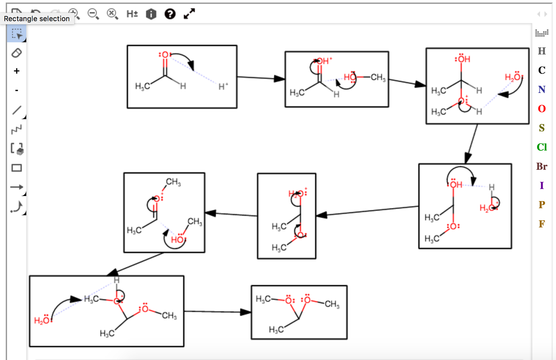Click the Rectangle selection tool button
point(17,34)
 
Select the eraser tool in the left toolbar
point(17,53)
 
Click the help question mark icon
point(170,14)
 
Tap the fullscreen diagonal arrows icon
point(189,14)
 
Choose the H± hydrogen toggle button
point(132,14)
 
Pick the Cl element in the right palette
point(542,147)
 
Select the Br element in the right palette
point(542,166)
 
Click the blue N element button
point(542,89)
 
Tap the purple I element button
point(542,186)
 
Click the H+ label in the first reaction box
point(223,87)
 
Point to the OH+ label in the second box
point(324,61)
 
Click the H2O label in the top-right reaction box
point(513,77)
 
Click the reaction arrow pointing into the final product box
point(217,312)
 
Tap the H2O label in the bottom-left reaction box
point(42,320)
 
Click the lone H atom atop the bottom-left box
point(117,280)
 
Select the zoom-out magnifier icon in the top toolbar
point(93,14)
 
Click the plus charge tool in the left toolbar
point(17,71)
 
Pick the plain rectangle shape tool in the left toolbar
point(17,168)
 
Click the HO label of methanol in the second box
point(350,77)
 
